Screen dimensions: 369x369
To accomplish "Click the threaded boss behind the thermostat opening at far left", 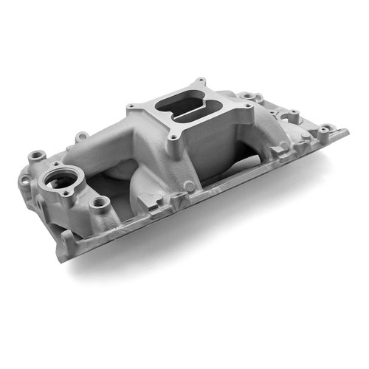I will tap(34, 156).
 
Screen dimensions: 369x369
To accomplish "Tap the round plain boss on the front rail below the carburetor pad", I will tap(190, 187).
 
